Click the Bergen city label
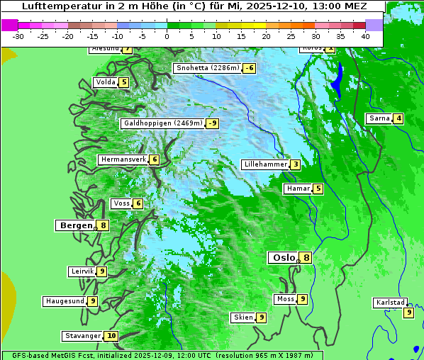(x=74, y=225)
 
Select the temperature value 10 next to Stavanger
(x=111, y=336)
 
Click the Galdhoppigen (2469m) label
(x=163, y=123)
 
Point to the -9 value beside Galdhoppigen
(x=212, y=123)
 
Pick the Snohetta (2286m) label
(x=208, y=68)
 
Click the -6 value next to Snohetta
(x=249, y=68)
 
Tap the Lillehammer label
(x=265, y=164)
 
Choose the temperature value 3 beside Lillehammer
(x=295, y=165)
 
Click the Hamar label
(x=296, y=189)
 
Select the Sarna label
(x=379, y=118)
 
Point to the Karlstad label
(x=390, y=303)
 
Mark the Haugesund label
(x=65, y=301)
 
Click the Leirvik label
(x=82, y=271)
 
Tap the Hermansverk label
(x=123, y=159)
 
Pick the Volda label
(x=105, y=82)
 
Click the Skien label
(x=242, y=317)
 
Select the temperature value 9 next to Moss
(x=303, y=299)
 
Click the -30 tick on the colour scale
(x=18, y=35)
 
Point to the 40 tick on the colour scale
(x=365, y=35)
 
